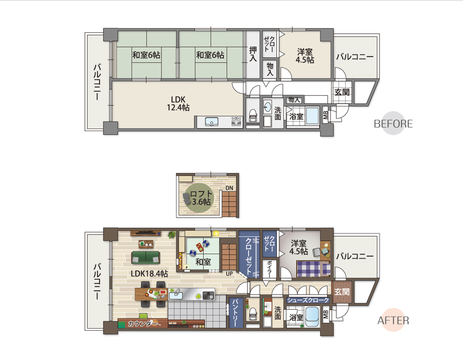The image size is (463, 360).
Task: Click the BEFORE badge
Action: click(393, 123)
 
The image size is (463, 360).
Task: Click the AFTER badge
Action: click(393, 320)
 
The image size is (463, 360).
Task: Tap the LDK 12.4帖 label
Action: click(178, 103)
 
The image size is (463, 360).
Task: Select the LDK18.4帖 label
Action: click(149, 274)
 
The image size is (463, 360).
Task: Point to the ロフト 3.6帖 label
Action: click(201, 197)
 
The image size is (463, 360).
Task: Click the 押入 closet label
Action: click(253, 54)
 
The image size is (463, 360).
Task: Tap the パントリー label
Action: click(236, 313)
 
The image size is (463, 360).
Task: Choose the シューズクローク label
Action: click(308, 300)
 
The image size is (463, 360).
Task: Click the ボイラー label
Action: click(269, 269)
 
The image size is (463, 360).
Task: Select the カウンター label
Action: click(143, 323)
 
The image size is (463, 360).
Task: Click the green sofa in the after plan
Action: click(146, 258)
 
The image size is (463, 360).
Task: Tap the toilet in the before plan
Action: click(253, 115)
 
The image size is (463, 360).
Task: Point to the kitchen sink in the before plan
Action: click(211, 121)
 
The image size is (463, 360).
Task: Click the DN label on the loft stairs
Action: click(229, 188)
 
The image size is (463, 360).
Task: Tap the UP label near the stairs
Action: click(229, 274)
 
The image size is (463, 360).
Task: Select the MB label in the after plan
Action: click(326, 315)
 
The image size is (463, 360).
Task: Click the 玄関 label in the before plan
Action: click(342, 92)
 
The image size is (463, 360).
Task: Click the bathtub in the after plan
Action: click(312, 317)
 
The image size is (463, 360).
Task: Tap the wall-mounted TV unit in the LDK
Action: click(146, 233)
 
